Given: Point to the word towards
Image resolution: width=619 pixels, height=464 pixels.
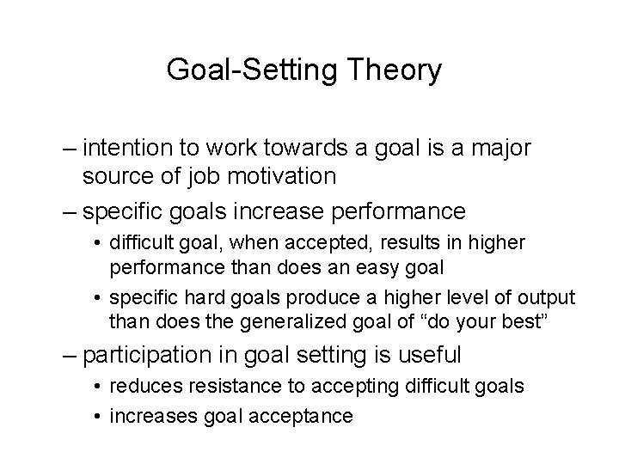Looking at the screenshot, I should point(280,149).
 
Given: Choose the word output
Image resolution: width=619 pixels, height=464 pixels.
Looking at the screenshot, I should point(544,296).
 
